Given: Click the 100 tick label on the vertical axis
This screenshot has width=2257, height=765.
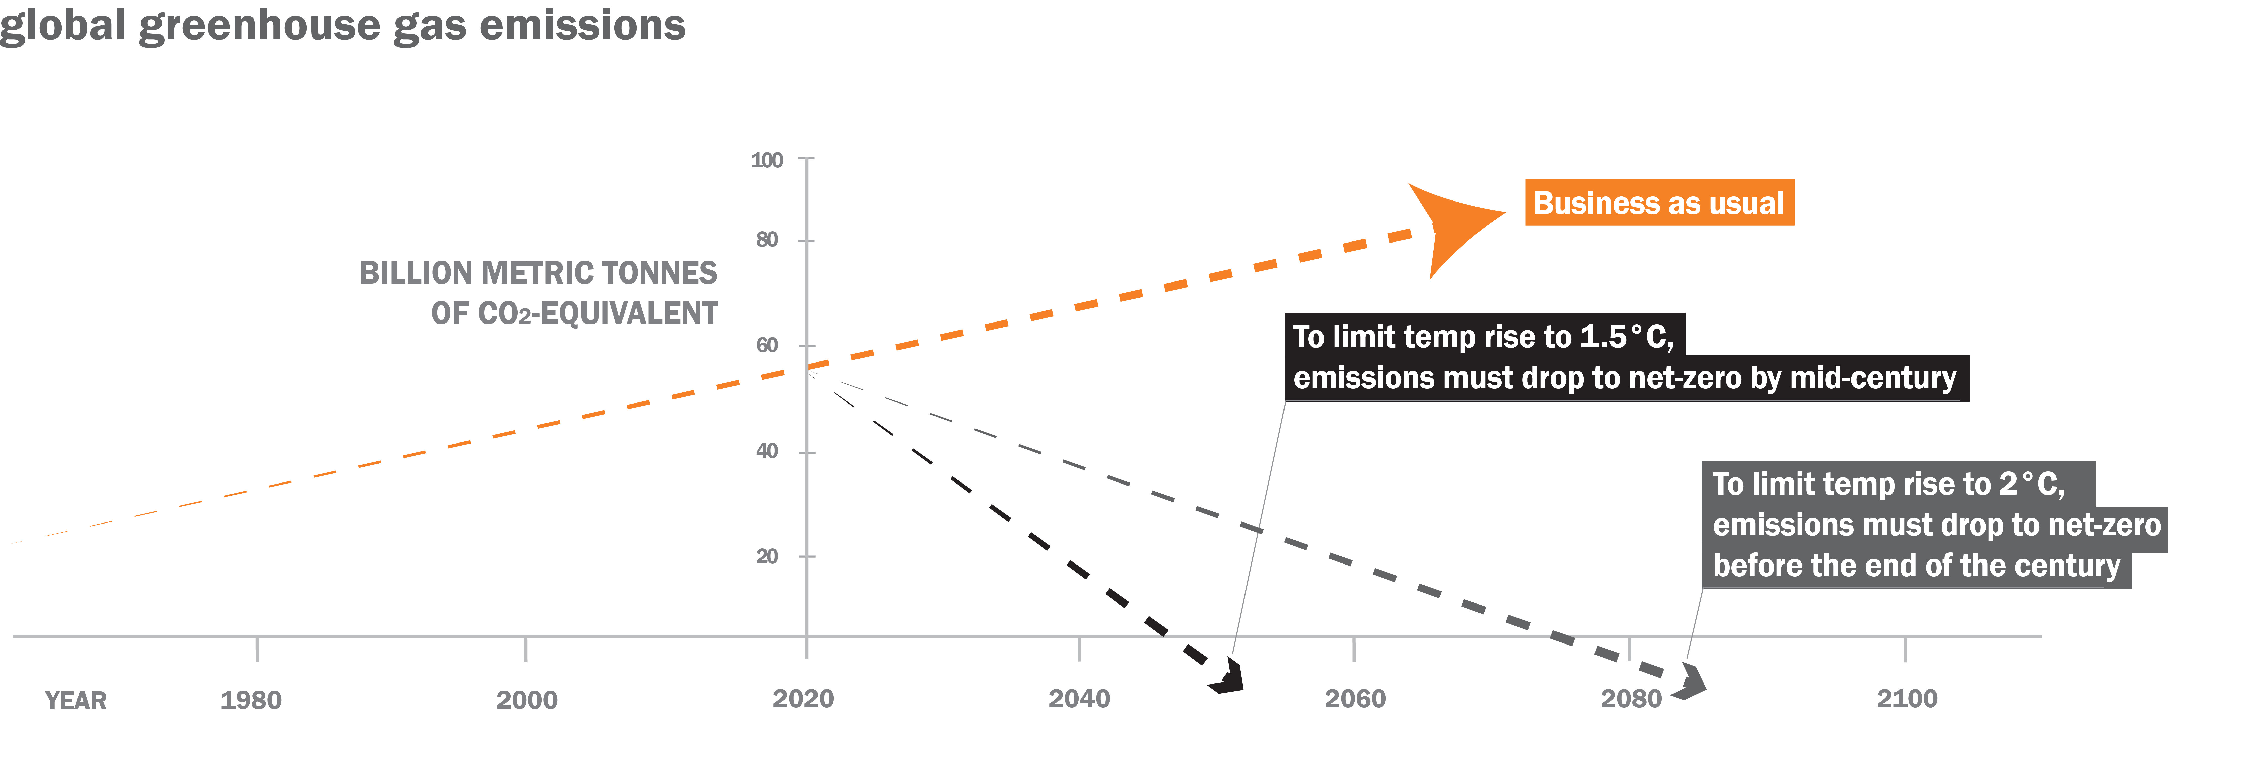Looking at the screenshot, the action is click(x=767, y=160).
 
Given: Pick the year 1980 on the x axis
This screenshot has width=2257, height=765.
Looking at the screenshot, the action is click(x=251, y=700).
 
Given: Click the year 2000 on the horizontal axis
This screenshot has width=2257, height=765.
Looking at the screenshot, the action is click(x=527, y=700).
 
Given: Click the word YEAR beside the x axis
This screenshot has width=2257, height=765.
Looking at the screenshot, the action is click(x=76, y=701).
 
